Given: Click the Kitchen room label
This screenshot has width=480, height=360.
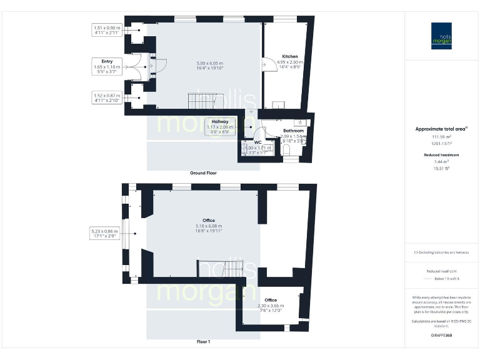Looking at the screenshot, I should [x=290, y=56].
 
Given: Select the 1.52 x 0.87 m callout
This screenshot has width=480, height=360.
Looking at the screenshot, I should [x=107, y=98].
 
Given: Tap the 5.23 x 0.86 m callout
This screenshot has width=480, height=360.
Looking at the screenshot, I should [x=104, y=234].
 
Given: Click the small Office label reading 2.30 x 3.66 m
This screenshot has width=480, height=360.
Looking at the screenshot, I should [x=271, y=304].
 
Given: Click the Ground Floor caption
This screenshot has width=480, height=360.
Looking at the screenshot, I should [x=203, y=172].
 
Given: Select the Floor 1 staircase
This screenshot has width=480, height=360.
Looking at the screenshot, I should [x=226, y=269].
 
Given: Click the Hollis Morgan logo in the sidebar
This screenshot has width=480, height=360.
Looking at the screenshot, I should [x=442, y=36].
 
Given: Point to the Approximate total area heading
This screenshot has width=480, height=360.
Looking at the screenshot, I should [x=441, y=129].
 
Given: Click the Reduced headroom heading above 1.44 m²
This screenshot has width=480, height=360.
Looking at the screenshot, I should [x=442, y=154].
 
